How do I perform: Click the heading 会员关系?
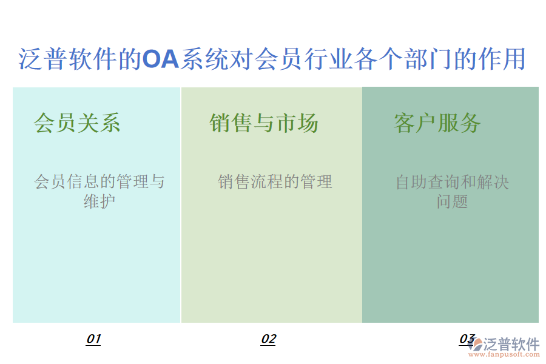(x=77, y=123)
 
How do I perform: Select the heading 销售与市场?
(x=264, y=123)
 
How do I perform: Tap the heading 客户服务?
(x=437, y=123)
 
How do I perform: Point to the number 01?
(x=93, y=339)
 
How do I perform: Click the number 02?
(x=268, y=339)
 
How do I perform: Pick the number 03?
(x=466, y=339)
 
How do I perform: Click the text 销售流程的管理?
(x=275, y=181)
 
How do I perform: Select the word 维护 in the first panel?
(x=99, y=201)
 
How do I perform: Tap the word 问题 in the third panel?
(x=452, y=201)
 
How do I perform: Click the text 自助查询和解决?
(x=452, y=181)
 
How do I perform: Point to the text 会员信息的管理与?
(x=99, y=181)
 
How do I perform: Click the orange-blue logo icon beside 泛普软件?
(x=475, y=344)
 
